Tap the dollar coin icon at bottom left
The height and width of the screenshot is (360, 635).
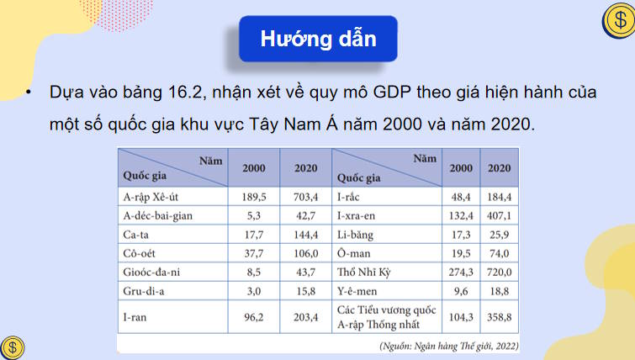click(x=13, y=347)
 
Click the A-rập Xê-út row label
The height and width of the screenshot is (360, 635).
click(x=154, y=197)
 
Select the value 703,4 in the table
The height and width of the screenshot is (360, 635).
click(x=305, y=197)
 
